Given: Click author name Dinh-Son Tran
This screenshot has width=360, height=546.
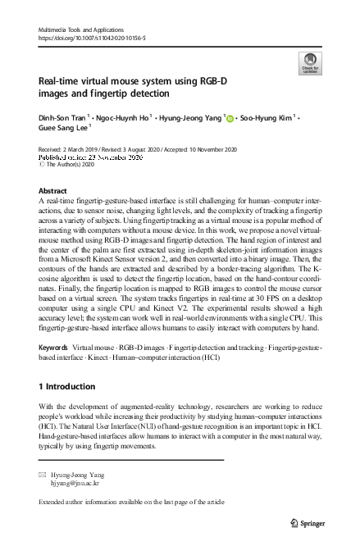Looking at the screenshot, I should click(62, 121).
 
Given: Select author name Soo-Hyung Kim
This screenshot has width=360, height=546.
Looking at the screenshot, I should click(266, 121).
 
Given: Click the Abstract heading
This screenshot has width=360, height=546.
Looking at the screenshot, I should click(53, 189).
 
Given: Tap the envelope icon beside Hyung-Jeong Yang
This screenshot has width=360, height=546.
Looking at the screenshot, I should click(43, 475).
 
